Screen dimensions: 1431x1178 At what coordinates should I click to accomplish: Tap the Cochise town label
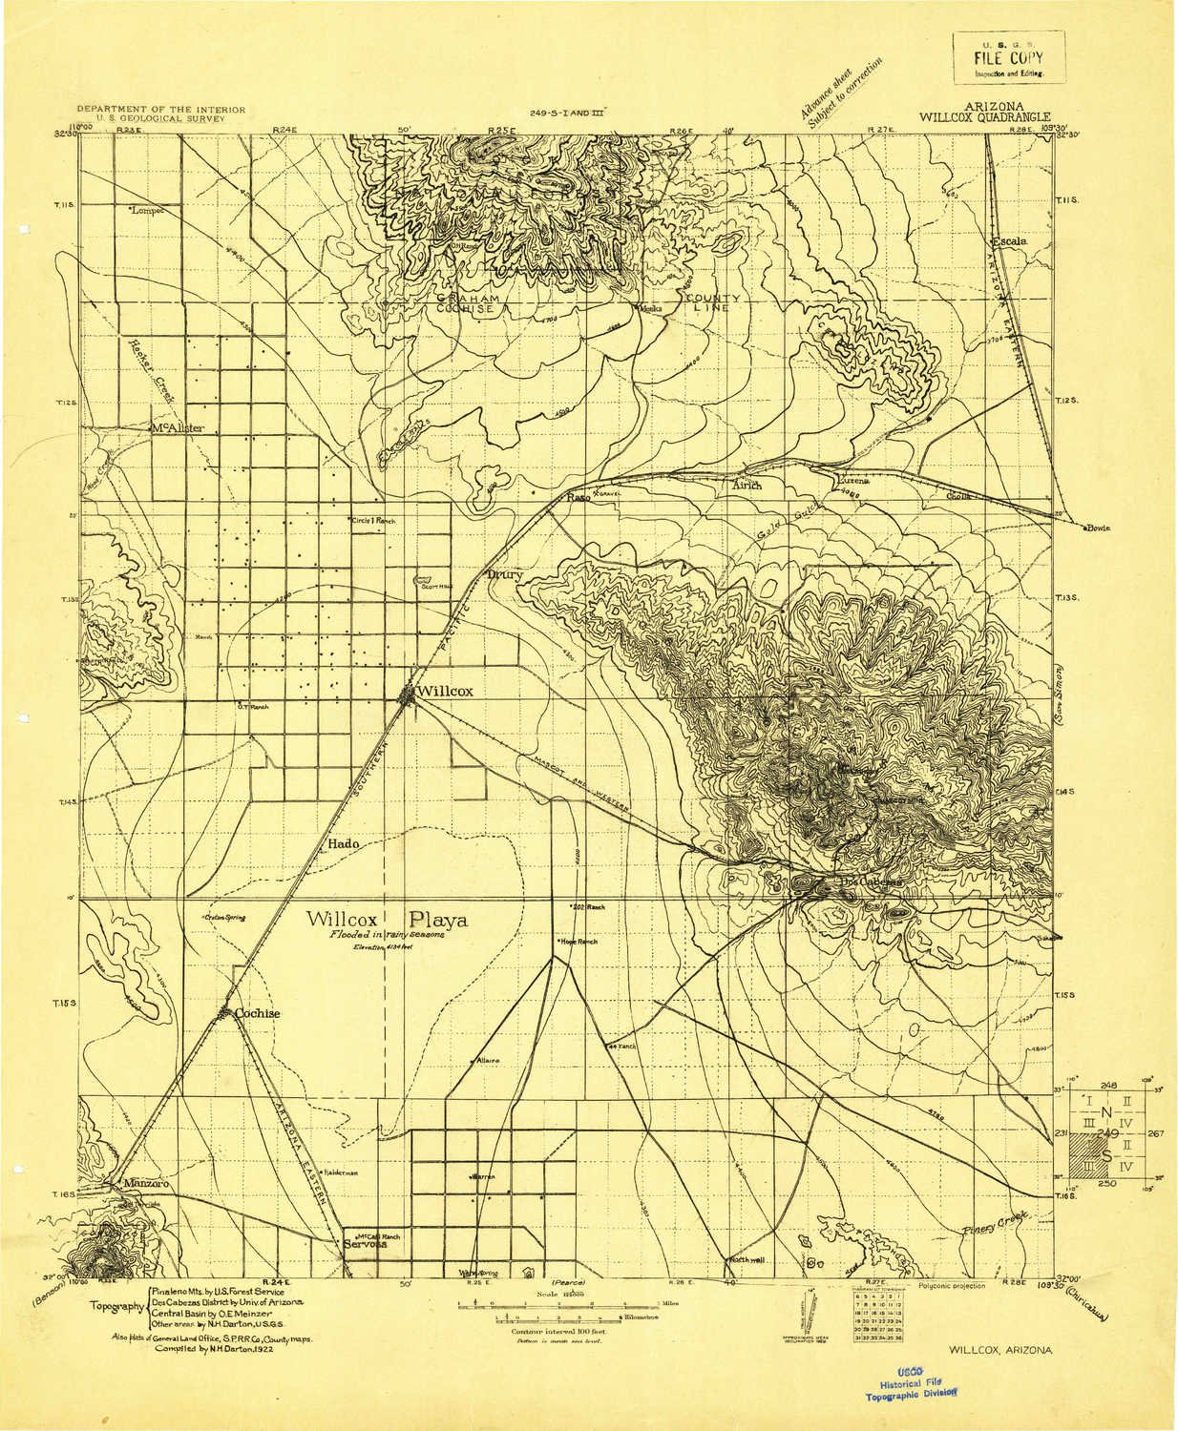point(259,1014)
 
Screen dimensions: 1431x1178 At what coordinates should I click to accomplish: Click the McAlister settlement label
point(178,428)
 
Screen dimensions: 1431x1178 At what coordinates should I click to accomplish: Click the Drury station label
point(501,575)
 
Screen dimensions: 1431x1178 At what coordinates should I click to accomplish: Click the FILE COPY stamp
point(1008,58)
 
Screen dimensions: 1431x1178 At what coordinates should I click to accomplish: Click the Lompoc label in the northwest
point(147,210)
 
